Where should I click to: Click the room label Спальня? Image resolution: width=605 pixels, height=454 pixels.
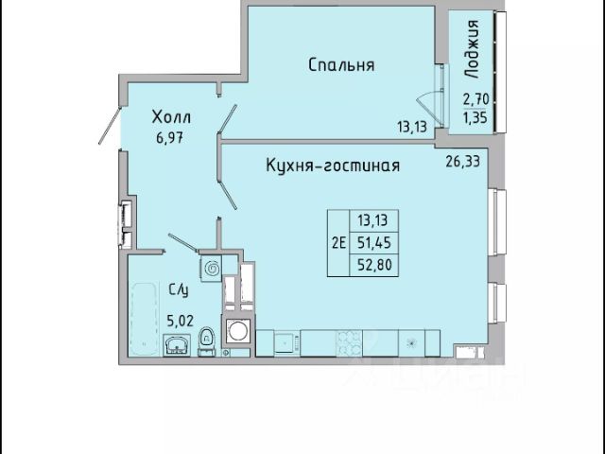(x=341, y=65)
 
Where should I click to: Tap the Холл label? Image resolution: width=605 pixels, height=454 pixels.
(x=171, y=117)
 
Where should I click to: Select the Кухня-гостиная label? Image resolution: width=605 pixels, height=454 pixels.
(x=333, y=166)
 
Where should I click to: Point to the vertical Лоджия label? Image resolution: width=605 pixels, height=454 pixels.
(x=472, y=49)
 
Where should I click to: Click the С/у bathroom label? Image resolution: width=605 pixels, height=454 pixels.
(x=179, y=289)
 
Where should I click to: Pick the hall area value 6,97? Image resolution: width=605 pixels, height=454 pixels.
(x=169, y=138)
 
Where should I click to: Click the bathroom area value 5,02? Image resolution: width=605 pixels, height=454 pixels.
(x=180, y=321)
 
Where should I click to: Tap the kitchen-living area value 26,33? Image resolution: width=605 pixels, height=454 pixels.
(x=463, y=161)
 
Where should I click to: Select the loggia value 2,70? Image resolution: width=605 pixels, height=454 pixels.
(x=476, y=99)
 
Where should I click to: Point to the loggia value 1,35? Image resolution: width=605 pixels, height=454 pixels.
(x=475, y=117)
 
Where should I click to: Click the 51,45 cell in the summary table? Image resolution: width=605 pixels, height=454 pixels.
(x=374, y=243)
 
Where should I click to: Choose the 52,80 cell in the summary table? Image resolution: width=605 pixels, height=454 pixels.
(x=374, y=265)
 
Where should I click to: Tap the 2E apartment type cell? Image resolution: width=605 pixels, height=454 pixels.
(x=338, y=243)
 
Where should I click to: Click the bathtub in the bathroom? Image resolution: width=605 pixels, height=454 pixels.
(x=145, y=320)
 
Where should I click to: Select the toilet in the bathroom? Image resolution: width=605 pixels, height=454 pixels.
(x=206, y=341)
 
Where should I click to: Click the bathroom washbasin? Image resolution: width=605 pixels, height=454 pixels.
(x=177, y=344)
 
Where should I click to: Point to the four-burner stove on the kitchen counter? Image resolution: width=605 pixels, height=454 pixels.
(x=350, y=342)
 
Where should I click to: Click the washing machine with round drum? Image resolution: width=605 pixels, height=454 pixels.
(x=238, y=330)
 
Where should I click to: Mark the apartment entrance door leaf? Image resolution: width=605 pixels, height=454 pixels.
(x=110, y=126)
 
